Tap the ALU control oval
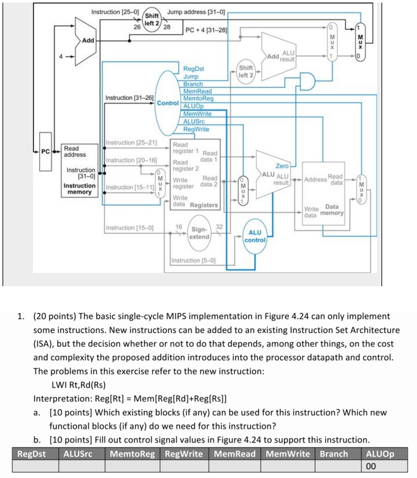coord(255,236)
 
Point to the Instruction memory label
coord(79,189)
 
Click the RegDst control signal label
coord(193,68)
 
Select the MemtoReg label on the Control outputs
coord(198,99)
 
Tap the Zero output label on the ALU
coord(281,165)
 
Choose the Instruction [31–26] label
coord(129,98)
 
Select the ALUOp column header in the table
coord(380,454)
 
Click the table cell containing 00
coord(380,467)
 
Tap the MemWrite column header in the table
coord(288,454)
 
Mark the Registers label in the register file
coord(204,205)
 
